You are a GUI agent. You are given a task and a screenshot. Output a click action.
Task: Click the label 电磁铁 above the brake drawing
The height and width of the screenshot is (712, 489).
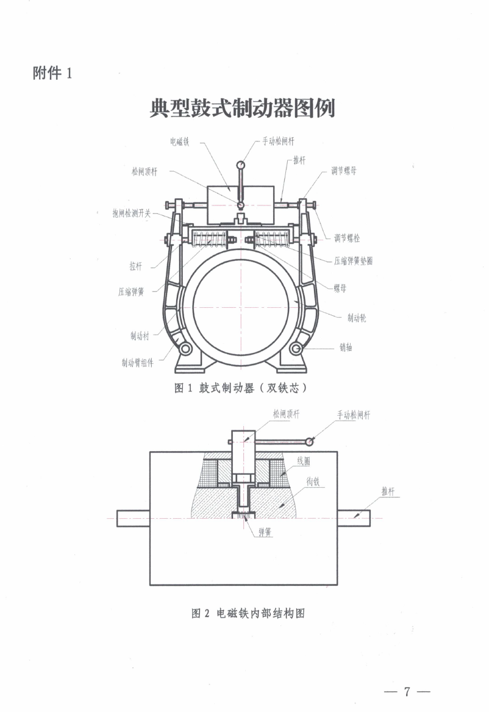pyautogui.click(x=180, y=141)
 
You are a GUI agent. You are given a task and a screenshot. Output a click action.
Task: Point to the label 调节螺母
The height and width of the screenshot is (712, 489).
pyautogui.click(x=344, y=171)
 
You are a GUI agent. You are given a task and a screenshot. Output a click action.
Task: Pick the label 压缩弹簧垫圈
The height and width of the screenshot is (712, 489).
pyautogui.click(x=354, y=260)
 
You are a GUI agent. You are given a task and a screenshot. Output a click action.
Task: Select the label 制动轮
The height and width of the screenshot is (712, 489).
pyautogui.click(x=357, y=318)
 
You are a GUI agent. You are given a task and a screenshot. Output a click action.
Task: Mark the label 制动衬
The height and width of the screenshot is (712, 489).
pyautogui.click(x=140, y=335)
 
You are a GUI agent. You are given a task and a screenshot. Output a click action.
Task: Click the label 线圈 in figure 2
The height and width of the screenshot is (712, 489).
pyautogui.click(x=304, y=461)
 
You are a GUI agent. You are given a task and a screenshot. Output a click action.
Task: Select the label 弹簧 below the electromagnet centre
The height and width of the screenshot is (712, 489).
pyautogui.click(x=264, y=532)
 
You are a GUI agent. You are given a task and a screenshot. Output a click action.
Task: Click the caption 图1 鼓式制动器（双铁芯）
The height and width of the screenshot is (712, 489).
pyautogui.click(x=240, y=388)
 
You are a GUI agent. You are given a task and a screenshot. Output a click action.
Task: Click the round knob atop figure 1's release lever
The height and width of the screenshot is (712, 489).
pyautogui.click(x=241, y=163)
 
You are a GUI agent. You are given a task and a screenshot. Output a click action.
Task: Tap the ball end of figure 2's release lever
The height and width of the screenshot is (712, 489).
pyautogui.click(x=310, y=441)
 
